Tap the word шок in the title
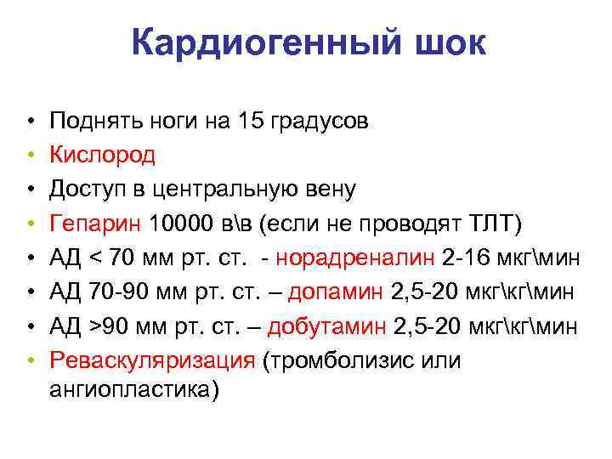[442, 43]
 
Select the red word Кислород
[103, 155]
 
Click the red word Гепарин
[95, 224]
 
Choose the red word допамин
[337, 293]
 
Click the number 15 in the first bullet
[252, 121]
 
